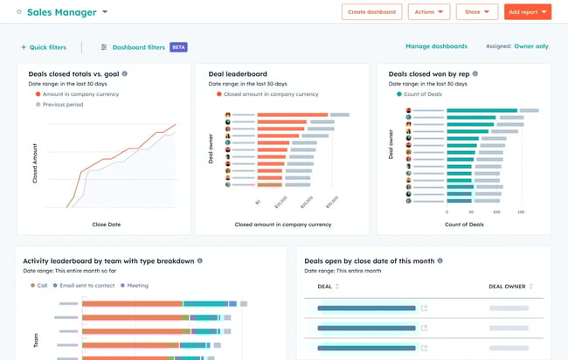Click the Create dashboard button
[371, 12]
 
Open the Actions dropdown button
[429, 12]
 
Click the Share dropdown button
[476, 12]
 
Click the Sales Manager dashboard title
[60, 12]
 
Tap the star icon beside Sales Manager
[19, 12]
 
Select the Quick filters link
[44, 47]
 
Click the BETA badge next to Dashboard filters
[178, 47]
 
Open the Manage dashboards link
[436, 46]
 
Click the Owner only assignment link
[531, 46]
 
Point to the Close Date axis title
[107, 225]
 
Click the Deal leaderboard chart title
[238, 74]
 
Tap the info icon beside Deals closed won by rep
[474, 74]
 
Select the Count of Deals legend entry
[426, 93]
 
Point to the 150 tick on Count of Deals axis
[521, 211]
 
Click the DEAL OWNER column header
[510, 286]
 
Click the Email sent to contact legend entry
[86, 285]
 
